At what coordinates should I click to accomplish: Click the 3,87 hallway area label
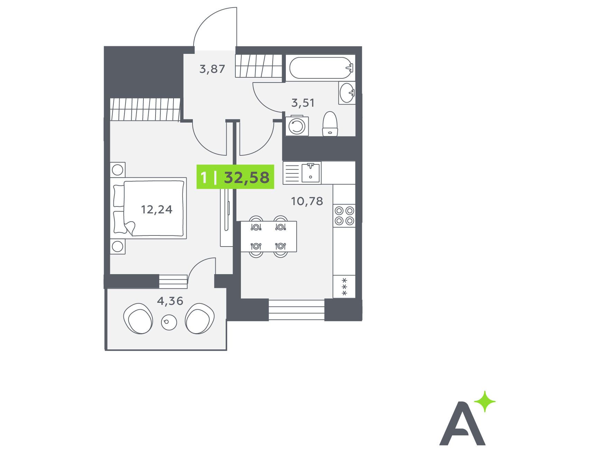pyautogui.click(x=212, y=69)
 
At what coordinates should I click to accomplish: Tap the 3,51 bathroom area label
pyautogui.click(x=303, y=103)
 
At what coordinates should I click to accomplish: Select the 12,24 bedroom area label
pyautogui.click(x=157, y=209)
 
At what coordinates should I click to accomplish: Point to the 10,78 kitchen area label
pyautogui.click(x=307, y=201)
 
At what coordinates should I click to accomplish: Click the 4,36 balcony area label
pyautogui.click(x=170, y=301)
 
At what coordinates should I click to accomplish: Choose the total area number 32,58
pyautogui.click(x=246, y=177)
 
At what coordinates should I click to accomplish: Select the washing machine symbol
pyautogui.click(x=297, y=126)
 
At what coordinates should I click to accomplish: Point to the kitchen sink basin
pyautogui.click(x=311, y=173)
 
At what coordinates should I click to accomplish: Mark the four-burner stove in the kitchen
pyautogui.click(x=344, y=215)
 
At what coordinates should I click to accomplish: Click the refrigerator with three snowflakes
pyautogui.click(x=344, y=287)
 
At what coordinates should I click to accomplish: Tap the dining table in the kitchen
pyautogui.click(x=269, y=237)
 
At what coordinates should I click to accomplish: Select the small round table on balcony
pyautogui.click(x=169, y=322)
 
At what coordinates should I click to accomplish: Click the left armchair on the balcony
pyautogui.click(x=138, y=318)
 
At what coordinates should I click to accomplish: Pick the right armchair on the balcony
pyautogui.click(x=200, y=318)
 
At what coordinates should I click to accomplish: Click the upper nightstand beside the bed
pyautogui.click(x=118, y=170)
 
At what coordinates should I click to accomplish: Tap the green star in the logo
pyautogui.click(x=485, y=402)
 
